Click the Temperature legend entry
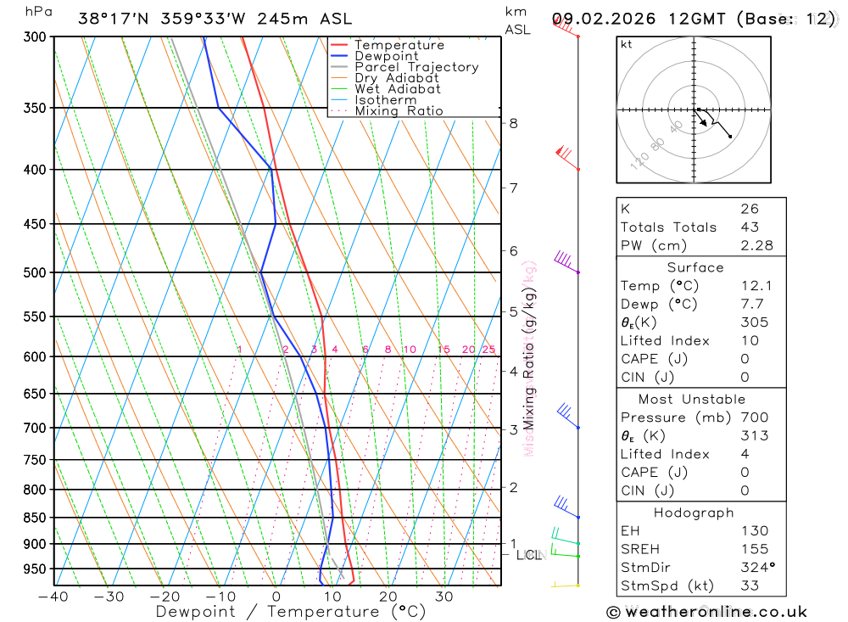[399, 45]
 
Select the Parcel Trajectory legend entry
[416, 67]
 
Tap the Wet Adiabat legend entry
[398, 89]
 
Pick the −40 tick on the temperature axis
[53, 597]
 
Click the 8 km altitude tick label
[513, 123]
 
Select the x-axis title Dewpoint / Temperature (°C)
[291, 611]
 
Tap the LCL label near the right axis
[528, 556]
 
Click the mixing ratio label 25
[488, 350]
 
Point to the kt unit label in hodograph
[627, 45]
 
